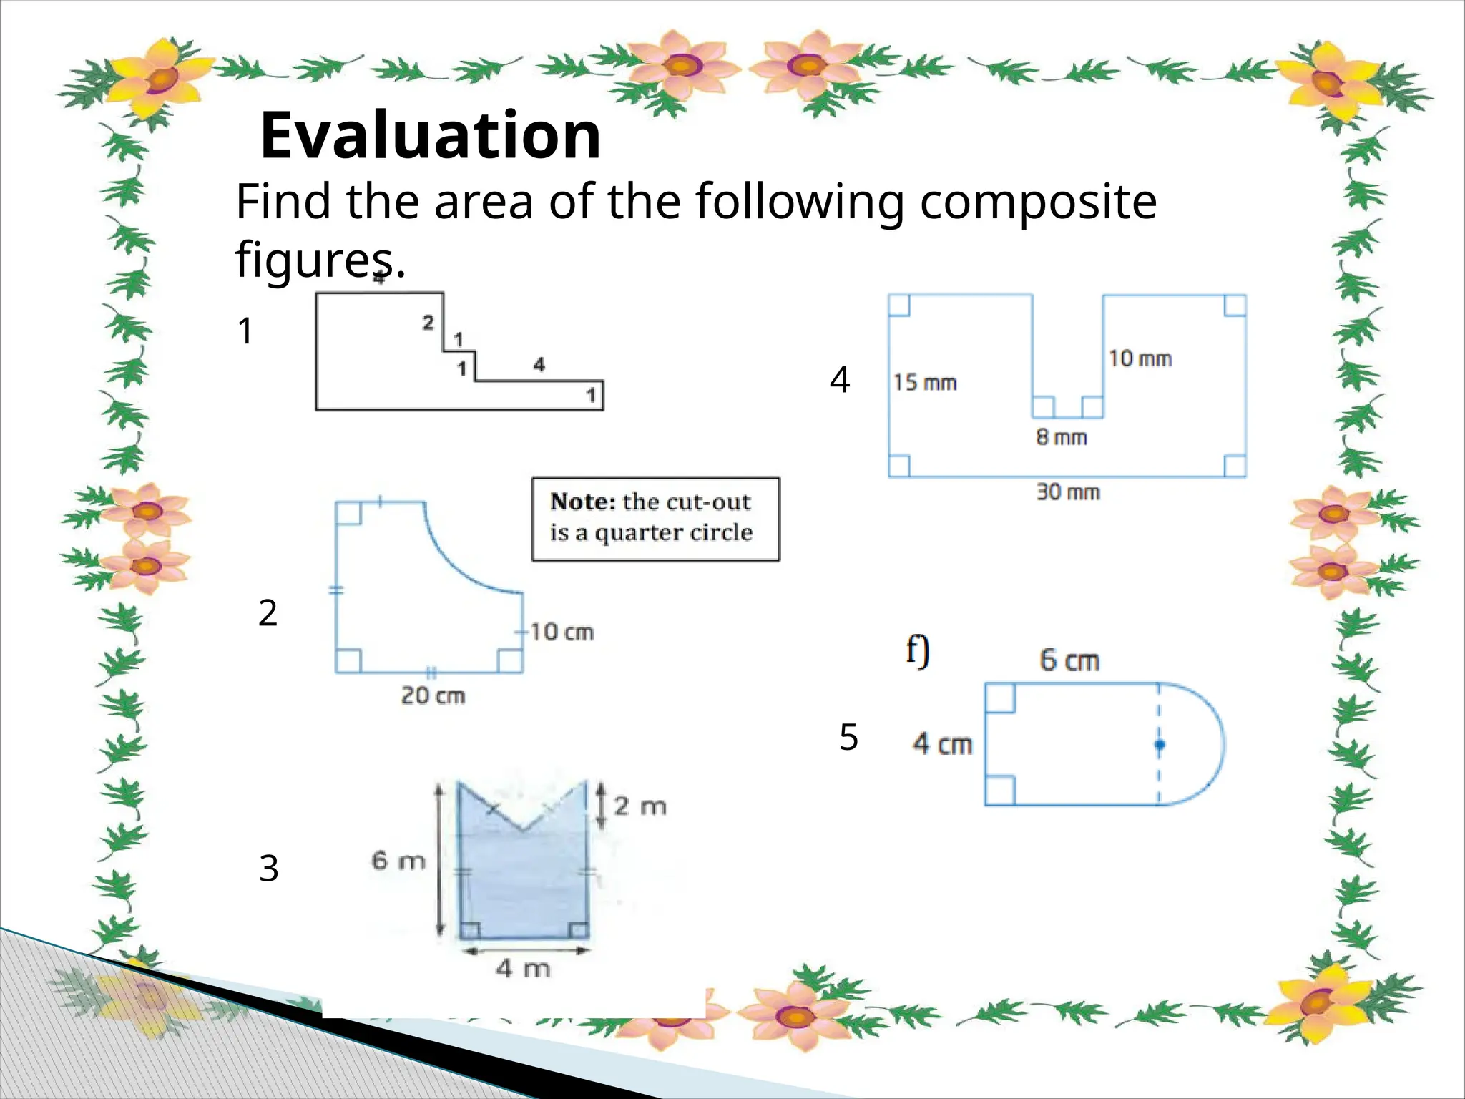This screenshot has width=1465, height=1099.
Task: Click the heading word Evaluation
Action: (x=431, y=135)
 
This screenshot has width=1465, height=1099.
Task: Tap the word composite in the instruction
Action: (x=1038, y=202)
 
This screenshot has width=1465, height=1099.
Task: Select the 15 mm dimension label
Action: (x=925, y=383)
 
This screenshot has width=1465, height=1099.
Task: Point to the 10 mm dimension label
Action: (x=1140, y=358)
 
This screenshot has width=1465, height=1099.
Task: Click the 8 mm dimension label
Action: (x=1062, y=437)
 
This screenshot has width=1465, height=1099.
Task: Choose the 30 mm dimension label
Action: (x=1068, y=492)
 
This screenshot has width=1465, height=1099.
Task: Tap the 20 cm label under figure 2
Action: (x=433, y=695)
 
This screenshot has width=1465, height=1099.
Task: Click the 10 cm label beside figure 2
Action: (x=562, y=632)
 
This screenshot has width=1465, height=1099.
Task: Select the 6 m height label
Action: (x=398, y=860)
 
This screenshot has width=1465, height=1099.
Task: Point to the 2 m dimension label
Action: (x=640, y=806)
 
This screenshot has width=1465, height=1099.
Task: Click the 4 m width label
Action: (x=524, y=969)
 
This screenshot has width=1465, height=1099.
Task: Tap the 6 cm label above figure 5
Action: (x=1069, y=660)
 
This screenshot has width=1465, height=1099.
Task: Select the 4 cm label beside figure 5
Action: (x=943, y=744)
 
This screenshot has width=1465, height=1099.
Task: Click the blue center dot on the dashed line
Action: (x=1160, y=745)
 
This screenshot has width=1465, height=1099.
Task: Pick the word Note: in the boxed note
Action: (x=582, y=502)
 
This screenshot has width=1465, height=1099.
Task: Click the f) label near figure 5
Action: (x=918, y=650)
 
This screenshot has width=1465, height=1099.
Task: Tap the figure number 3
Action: (x=268, y=869)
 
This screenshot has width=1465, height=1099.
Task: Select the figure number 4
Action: (x=840, y=380)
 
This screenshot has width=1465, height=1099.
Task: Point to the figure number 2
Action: (x=268, y=613)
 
